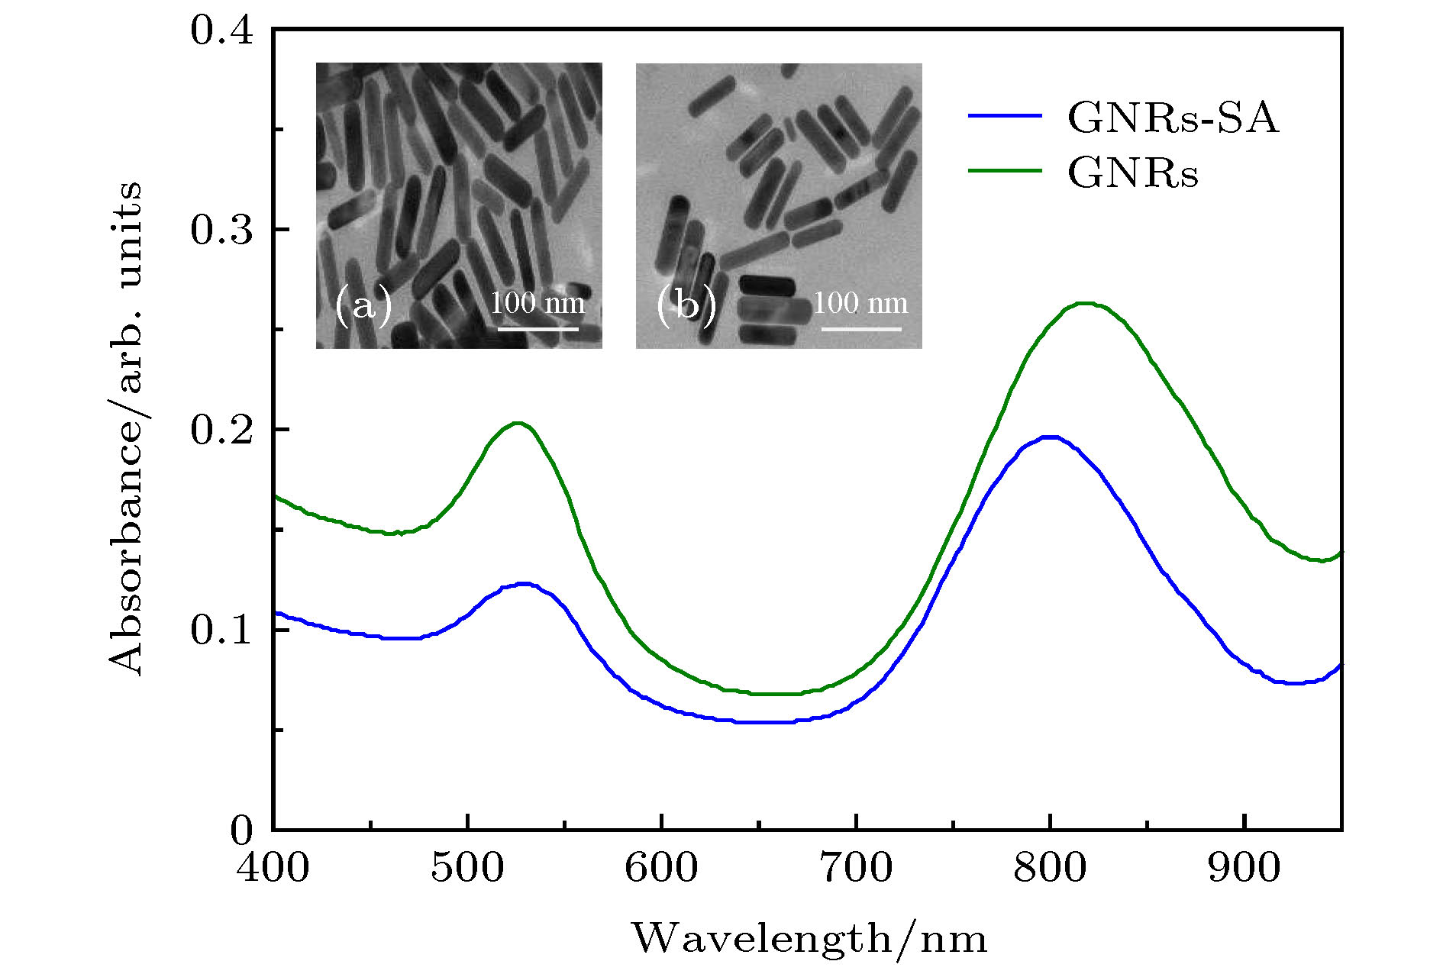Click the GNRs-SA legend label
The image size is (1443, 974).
(x=1172, y=118)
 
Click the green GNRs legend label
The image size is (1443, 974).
(x=1133, y=173)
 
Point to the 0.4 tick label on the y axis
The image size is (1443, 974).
(x=221, y=31)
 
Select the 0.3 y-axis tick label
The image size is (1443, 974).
(x=221, y=229)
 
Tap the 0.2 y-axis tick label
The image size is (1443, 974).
(x=221, y=430)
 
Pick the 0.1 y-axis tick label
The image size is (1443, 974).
(x=221, y=631)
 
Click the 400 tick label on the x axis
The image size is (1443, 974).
(x=273, y=868)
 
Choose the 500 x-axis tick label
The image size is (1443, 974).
(x=467, y=868)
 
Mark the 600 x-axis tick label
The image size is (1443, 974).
(x=661, y=868)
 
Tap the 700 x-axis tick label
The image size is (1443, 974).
(x=856, y=868)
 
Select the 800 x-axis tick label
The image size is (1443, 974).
(x=1051, y=868)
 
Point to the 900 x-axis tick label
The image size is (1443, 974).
(x=1244, y=868)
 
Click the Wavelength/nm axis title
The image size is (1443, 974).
(x=809, y=938)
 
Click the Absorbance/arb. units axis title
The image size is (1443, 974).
(x=125, y=428)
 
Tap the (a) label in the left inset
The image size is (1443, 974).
(x=363, y=305)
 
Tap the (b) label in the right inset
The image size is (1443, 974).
(x=686, y=305)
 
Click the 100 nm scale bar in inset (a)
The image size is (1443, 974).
(x=538, y=329)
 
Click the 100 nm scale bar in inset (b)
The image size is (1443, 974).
(x=861, y=329)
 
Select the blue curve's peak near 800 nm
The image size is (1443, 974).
(x=1051, y=437)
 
